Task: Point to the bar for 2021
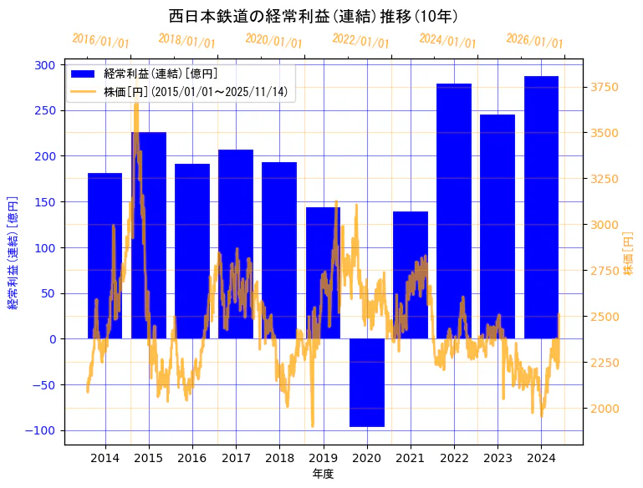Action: click(411, 275)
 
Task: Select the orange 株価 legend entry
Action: click(179, 91)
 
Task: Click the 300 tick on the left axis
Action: click(47, 65)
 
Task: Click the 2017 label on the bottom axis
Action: click(236, 458)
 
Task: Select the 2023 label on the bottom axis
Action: click(498, 458)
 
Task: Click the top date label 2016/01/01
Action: click(101, 40)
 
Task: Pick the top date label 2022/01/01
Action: click(361, 40)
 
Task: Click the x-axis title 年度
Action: click(323, 474)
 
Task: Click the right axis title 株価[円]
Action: click(629, 254)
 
